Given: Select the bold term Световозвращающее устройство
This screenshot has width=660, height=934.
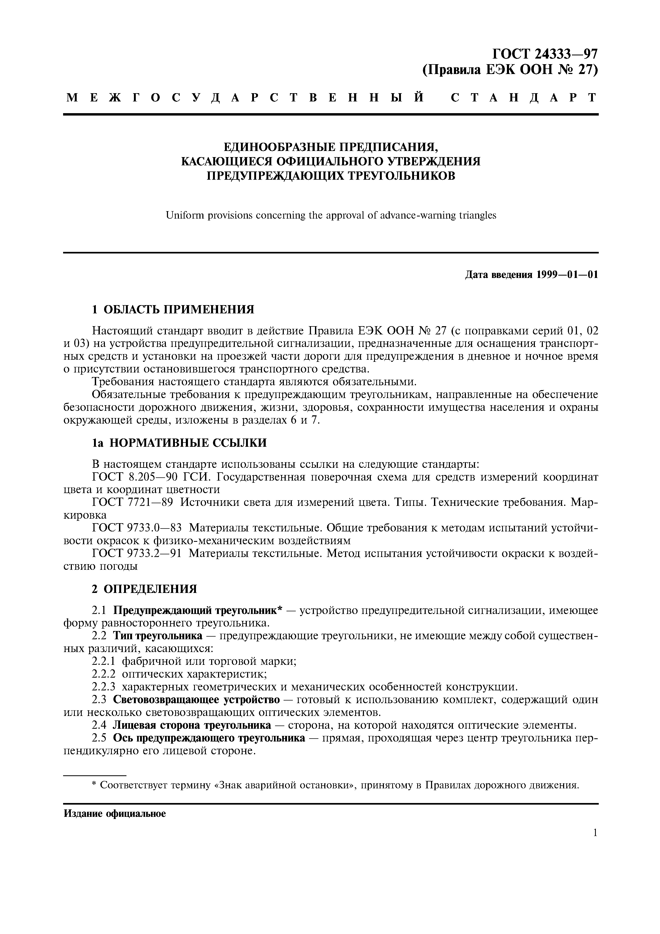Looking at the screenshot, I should [196, 700].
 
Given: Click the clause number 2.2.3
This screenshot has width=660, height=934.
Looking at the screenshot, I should [104, 687].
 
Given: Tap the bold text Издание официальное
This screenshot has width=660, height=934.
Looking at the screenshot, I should [115, 814].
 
